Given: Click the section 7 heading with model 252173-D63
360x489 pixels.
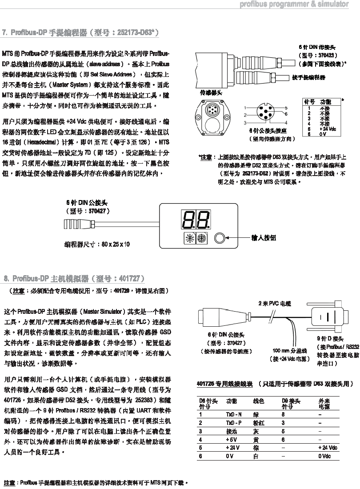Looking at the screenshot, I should (80, 32).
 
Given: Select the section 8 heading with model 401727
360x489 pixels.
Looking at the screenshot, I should (74, 279).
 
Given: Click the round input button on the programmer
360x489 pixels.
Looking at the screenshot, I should (220, 238).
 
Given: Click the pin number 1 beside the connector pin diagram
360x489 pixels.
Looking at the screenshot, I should (245, 108).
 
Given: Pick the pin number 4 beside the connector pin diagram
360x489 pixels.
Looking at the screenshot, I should (286, 122).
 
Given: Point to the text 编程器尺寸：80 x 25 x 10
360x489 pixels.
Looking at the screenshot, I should (97, 244).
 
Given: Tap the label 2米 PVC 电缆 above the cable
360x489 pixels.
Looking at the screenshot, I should (274, 304).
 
